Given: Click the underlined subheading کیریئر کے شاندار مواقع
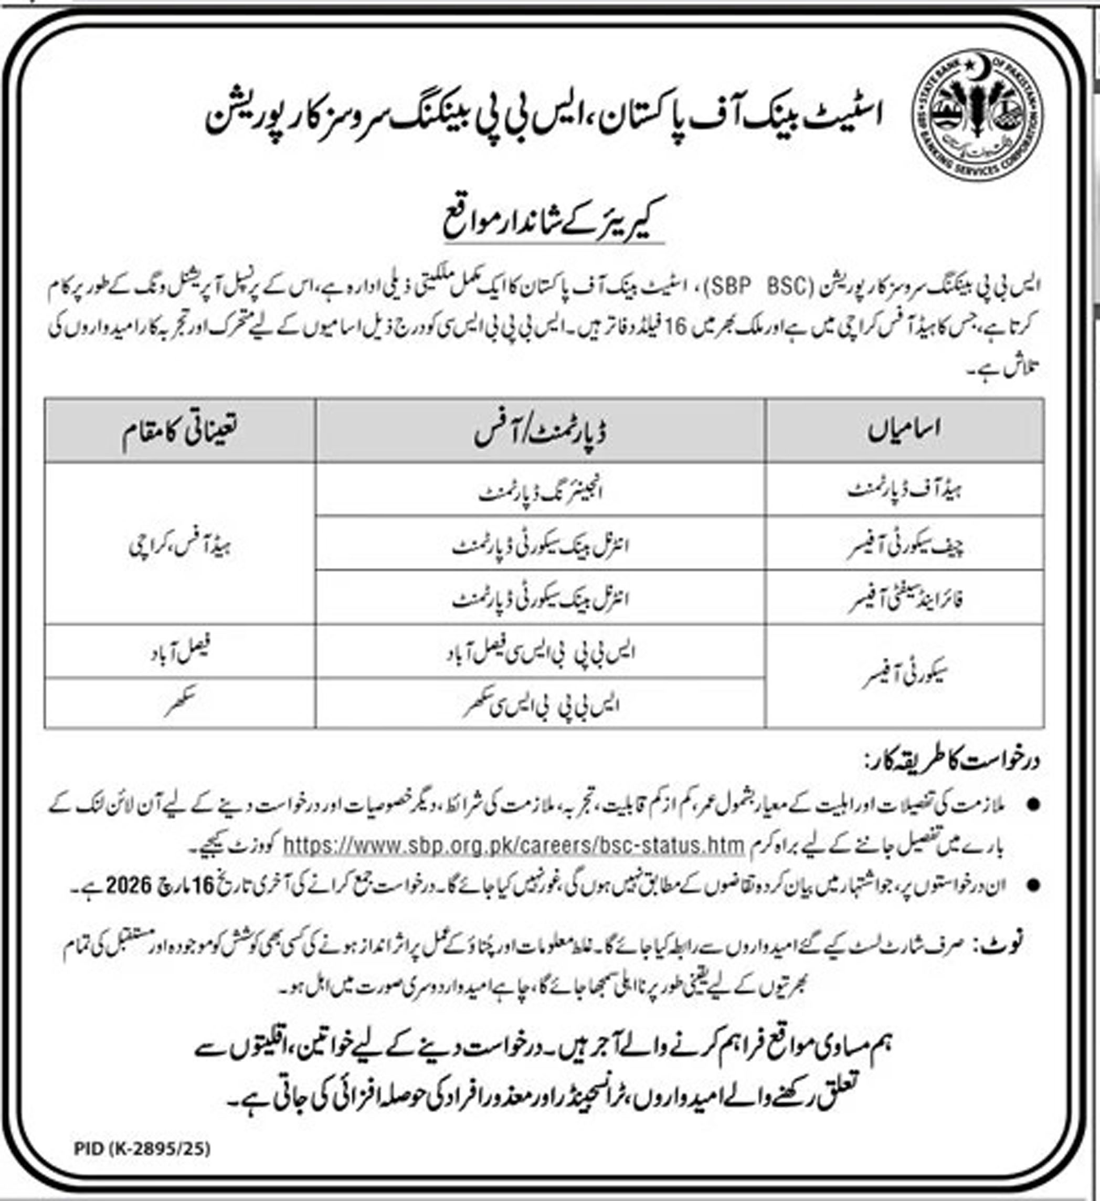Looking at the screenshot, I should pos(553,224).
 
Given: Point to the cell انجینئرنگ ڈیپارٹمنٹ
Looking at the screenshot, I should pos(541,492).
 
